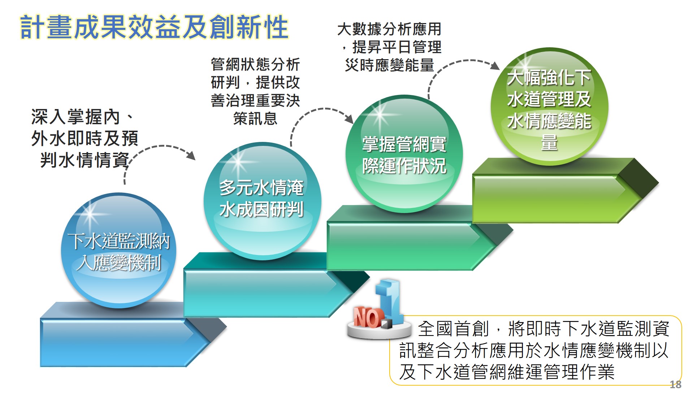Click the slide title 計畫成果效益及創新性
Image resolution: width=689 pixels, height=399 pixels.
[154, 27]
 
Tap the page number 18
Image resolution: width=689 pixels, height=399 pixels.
[675, 385]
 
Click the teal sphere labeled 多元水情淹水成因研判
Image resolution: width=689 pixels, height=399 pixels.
[262, 201]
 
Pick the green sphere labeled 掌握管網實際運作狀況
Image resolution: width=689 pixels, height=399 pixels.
[404, 154]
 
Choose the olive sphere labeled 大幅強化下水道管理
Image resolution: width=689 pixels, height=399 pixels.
[549, 107]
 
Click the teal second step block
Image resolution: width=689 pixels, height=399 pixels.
[276, 285]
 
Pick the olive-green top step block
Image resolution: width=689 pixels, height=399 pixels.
[565, 190]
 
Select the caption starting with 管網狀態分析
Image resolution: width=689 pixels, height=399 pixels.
[255, 91]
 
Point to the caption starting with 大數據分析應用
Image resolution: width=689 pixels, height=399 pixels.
[389, 47]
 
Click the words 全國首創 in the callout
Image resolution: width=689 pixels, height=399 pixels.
[453, 329]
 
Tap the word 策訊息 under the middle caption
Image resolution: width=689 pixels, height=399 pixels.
[255, 118]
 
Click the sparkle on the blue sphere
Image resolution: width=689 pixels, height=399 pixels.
[90, 214]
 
